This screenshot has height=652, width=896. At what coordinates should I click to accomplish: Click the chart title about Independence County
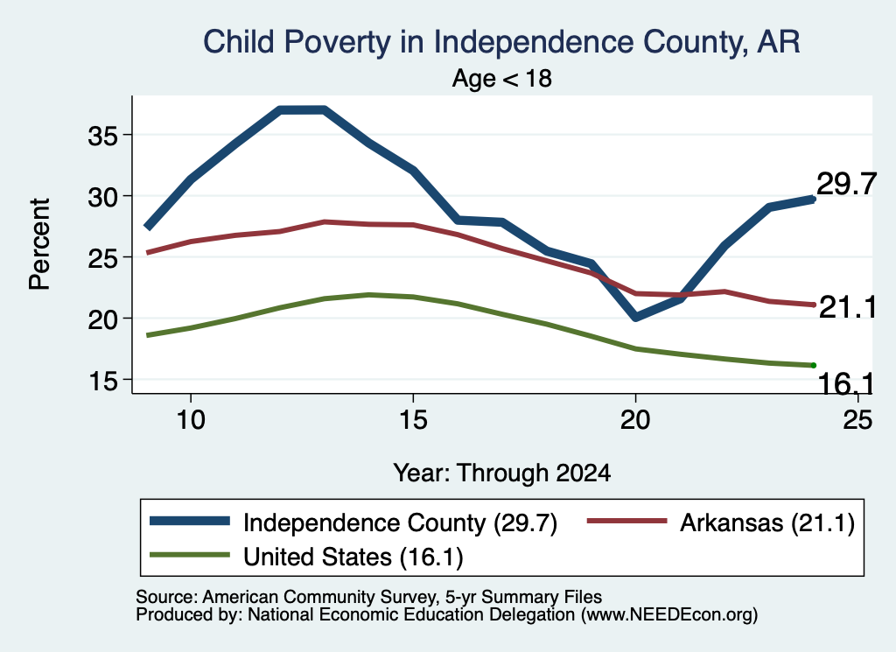coord(501,42)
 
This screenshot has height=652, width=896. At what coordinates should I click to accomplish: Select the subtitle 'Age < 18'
coord(501,78)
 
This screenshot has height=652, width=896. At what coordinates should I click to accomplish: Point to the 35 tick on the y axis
coord(102,136)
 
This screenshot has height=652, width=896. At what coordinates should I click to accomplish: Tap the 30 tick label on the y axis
coord(102,197)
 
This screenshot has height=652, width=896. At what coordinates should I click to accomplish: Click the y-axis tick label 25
coord(102,258)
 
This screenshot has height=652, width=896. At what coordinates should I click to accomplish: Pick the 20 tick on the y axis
coord(102,319)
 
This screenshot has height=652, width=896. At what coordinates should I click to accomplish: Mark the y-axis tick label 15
coord(103,381)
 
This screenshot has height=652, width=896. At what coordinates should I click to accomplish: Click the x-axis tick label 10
coord(191,420)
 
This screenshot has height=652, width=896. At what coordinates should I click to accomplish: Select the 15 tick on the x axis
coord(413,420)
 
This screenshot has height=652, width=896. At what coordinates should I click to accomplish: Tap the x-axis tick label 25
coord(857,420)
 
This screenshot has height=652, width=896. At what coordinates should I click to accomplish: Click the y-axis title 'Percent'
coord(40,244)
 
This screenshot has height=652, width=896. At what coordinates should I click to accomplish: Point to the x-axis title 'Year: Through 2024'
coord(501,473)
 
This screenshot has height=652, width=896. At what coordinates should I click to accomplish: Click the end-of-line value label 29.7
coord(846,184)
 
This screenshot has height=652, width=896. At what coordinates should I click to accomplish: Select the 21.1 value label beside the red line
coord(847,307)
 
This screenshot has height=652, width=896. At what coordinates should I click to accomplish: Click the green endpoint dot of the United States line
coord(813,365)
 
